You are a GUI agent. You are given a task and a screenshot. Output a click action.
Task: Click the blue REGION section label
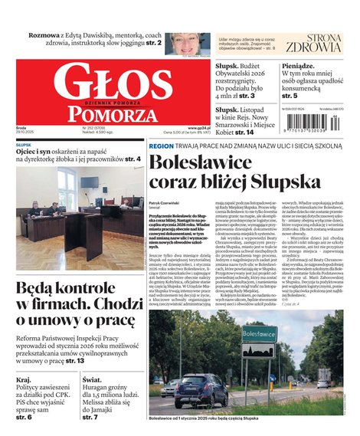point(161,145)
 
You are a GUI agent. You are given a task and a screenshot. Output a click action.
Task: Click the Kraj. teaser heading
point(24,379)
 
